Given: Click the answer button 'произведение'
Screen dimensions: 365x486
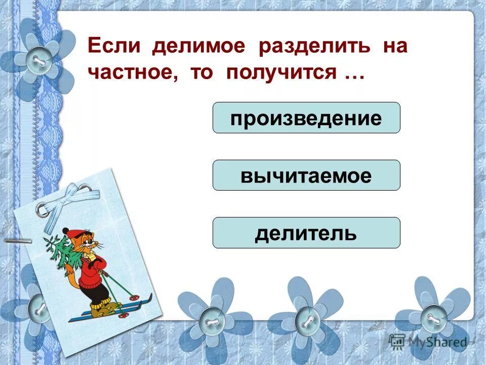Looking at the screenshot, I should click(x=306, y=118).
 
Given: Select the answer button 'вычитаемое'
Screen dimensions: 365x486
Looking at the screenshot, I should click(x=306, y=175).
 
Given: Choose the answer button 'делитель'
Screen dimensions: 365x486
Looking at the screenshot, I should click(x=306, y=233).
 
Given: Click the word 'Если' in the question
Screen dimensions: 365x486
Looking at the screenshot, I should click(x=115, y=47).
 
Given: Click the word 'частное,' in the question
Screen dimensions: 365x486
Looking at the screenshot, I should click(x=134, y=72).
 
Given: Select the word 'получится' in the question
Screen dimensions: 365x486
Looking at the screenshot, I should click(x=281, y=72).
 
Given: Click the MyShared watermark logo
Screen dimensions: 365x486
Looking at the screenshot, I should click(x=428, y=342).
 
